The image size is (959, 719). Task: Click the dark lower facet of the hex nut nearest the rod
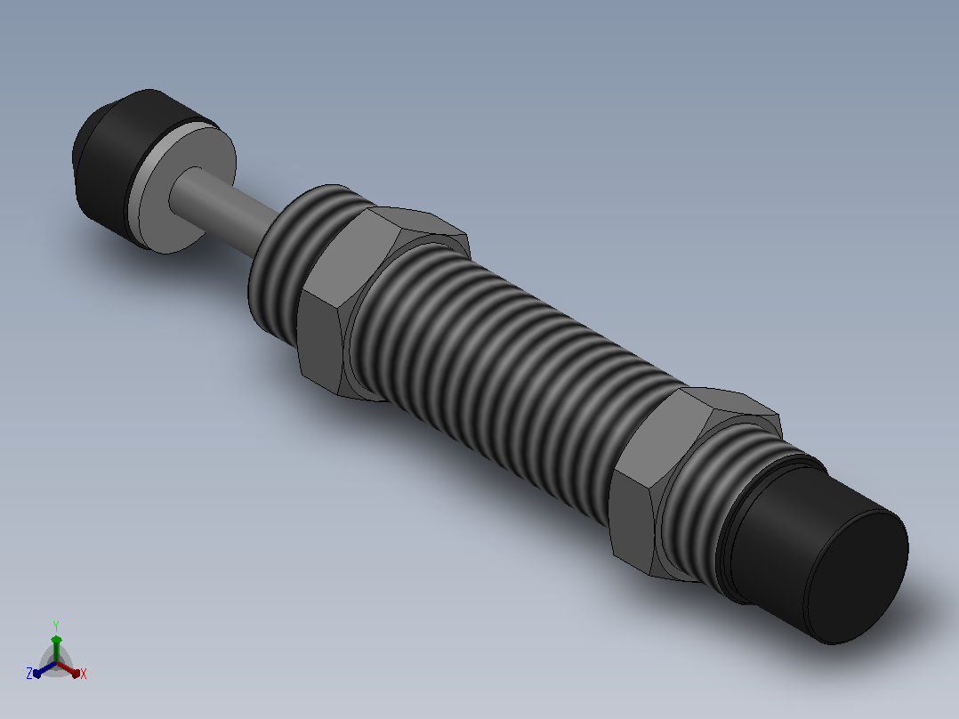319,343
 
